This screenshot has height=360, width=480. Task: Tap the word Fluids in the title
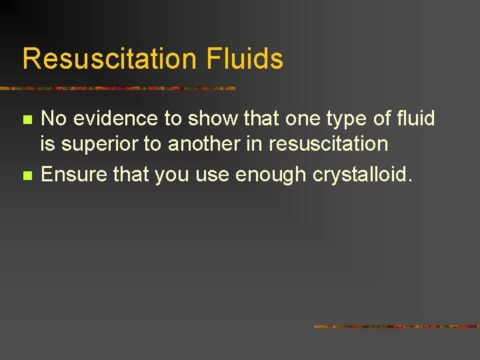coord(245,59)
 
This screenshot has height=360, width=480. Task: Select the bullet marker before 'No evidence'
coord(27,120)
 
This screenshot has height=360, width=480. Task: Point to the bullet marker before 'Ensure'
coord(27,176)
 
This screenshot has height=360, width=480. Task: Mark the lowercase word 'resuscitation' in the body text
coord(328,144)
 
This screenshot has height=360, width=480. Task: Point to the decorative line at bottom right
coord(397,327)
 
